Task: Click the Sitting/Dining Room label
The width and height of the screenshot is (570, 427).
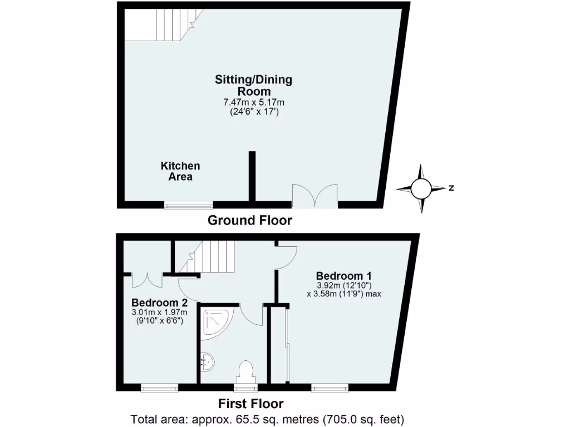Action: [253, 85]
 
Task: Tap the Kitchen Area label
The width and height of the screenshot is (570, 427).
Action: [180, 171]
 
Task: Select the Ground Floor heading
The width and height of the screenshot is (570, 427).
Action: [249, 220]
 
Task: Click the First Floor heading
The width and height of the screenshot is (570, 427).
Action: [250, 404]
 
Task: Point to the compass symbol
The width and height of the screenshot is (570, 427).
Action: [421, 188]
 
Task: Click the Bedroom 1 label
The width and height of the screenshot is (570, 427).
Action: [343, 275]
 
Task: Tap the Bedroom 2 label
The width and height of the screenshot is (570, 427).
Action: [159, 303]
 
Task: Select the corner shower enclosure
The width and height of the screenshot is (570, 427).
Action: [216, 323]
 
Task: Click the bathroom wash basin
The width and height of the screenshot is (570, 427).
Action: [207, 362]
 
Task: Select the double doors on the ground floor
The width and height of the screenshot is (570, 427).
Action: [315, 196]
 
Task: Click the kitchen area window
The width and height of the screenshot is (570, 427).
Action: [188, 205]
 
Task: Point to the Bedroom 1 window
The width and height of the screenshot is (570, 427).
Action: [330, 388]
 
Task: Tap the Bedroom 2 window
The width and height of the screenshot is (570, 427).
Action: [159, 388]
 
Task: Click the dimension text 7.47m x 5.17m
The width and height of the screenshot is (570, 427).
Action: [253, 102]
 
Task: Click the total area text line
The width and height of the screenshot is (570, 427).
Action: [267, 419]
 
